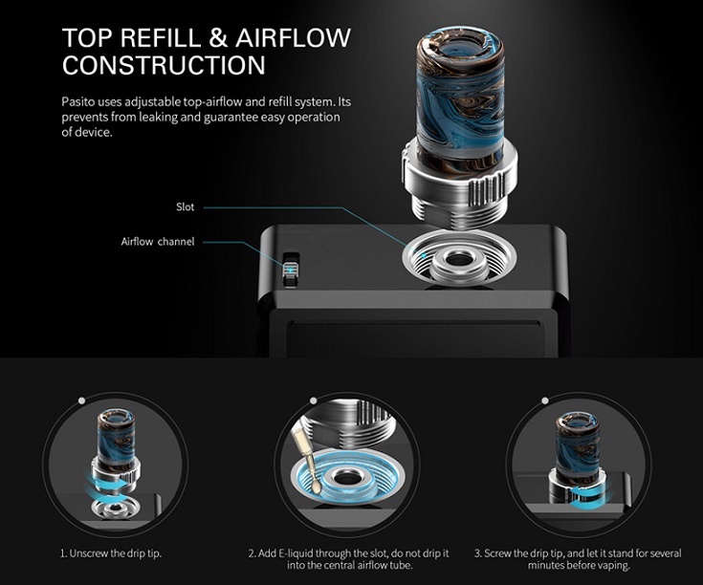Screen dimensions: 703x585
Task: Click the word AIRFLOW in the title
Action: (293, 37)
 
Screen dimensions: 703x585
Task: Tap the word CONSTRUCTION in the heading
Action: (164, 65)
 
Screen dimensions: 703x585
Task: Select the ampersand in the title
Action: (218, 37)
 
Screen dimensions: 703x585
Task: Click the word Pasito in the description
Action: (78, 101)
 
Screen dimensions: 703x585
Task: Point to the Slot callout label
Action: (186, 206)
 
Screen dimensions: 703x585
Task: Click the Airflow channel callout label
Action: (158, 242)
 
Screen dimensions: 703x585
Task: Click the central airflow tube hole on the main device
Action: (458, 259)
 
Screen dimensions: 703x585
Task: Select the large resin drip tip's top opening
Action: (460, 50)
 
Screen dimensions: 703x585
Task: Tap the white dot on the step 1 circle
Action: (81, 401)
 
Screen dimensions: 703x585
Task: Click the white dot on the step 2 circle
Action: (314, 401)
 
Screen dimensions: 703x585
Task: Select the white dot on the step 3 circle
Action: (545, 401)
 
